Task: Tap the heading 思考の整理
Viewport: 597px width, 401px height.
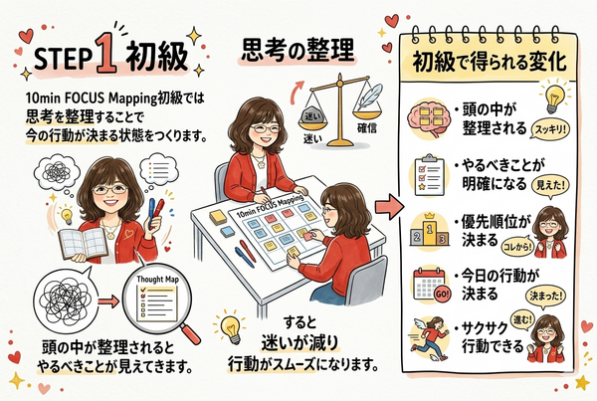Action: (x=298, y=50)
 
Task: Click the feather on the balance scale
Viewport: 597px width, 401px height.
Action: (x=368, y=98)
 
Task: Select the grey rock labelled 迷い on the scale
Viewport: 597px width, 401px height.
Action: (x=312, y=115)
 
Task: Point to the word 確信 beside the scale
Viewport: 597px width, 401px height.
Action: (x=367, y=128)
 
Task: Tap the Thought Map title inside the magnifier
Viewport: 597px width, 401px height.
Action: (x=157, y=280)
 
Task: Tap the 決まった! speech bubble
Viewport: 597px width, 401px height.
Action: (x=545, y=297)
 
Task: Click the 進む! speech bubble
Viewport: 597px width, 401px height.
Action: (x=521, y=319)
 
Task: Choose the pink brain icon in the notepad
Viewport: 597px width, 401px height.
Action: (x=427, y=119)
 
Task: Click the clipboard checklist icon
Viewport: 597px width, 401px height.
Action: (x=430, y=175)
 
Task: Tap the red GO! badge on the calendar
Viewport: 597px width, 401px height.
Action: (x=442, y=294)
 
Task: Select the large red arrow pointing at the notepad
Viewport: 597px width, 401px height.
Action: (x=389, y=206)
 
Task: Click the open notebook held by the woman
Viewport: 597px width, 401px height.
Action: (x=83, y=243)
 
